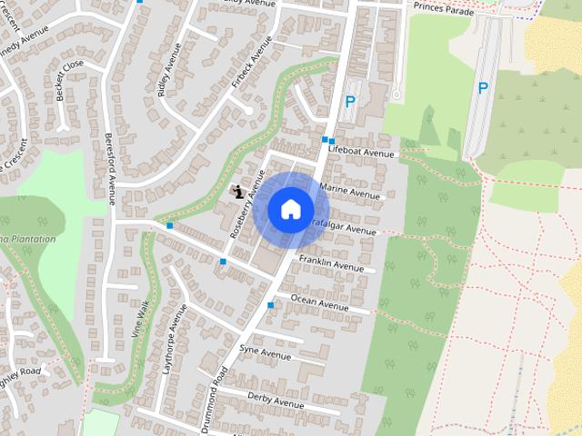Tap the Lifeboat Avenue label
(x=363, y=152)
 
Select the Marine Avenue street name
(x=350, y=192)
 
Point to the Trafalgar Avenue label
(x=344, y=226)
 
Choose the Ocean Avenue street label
(x=319, y=302)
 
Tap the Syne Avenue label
(x=265, y=352)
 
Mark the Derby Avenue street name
(x=276, y=400)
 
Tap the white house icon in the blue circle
(x=290, y=209)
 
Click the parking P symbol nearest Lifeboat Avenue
(x=349, y=103)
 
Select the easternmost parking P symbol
(x=483, y=88)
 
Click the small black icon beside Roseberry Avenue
(x=237, y=191)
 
